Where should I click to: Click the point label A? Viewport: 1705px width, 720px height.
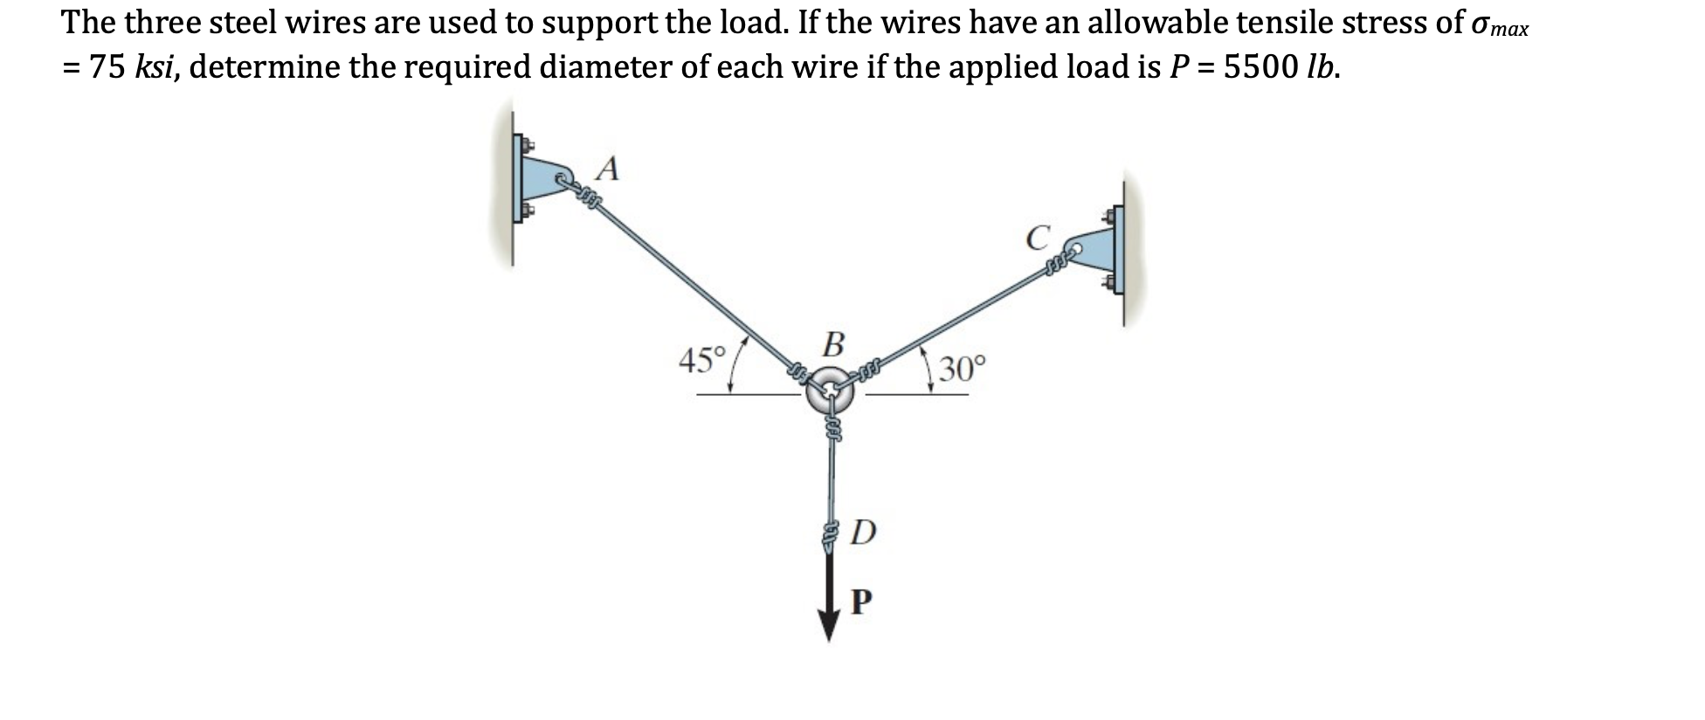pyautogui.click(x=609, y=168)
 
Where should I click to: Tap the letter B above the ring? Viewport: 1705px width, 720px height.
pyautogui.click(x=834, y=344)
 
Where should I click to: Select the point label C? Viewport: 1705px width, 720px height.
pyautogui.click(x=1037, y=238)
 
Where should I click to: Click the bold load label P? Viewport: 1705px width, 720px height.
pyautogui.click(x=860, y=601)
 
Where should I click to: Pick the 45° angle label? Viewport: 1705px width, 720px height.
pyautogui.click(x=702, y=360)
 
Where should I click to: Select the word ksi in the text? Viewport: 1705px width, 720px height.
pyautogui.click(x=156, y=66)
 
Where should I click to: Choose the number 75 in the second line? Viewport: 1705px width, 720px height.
pyautogui.click(x=107, y=66)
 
